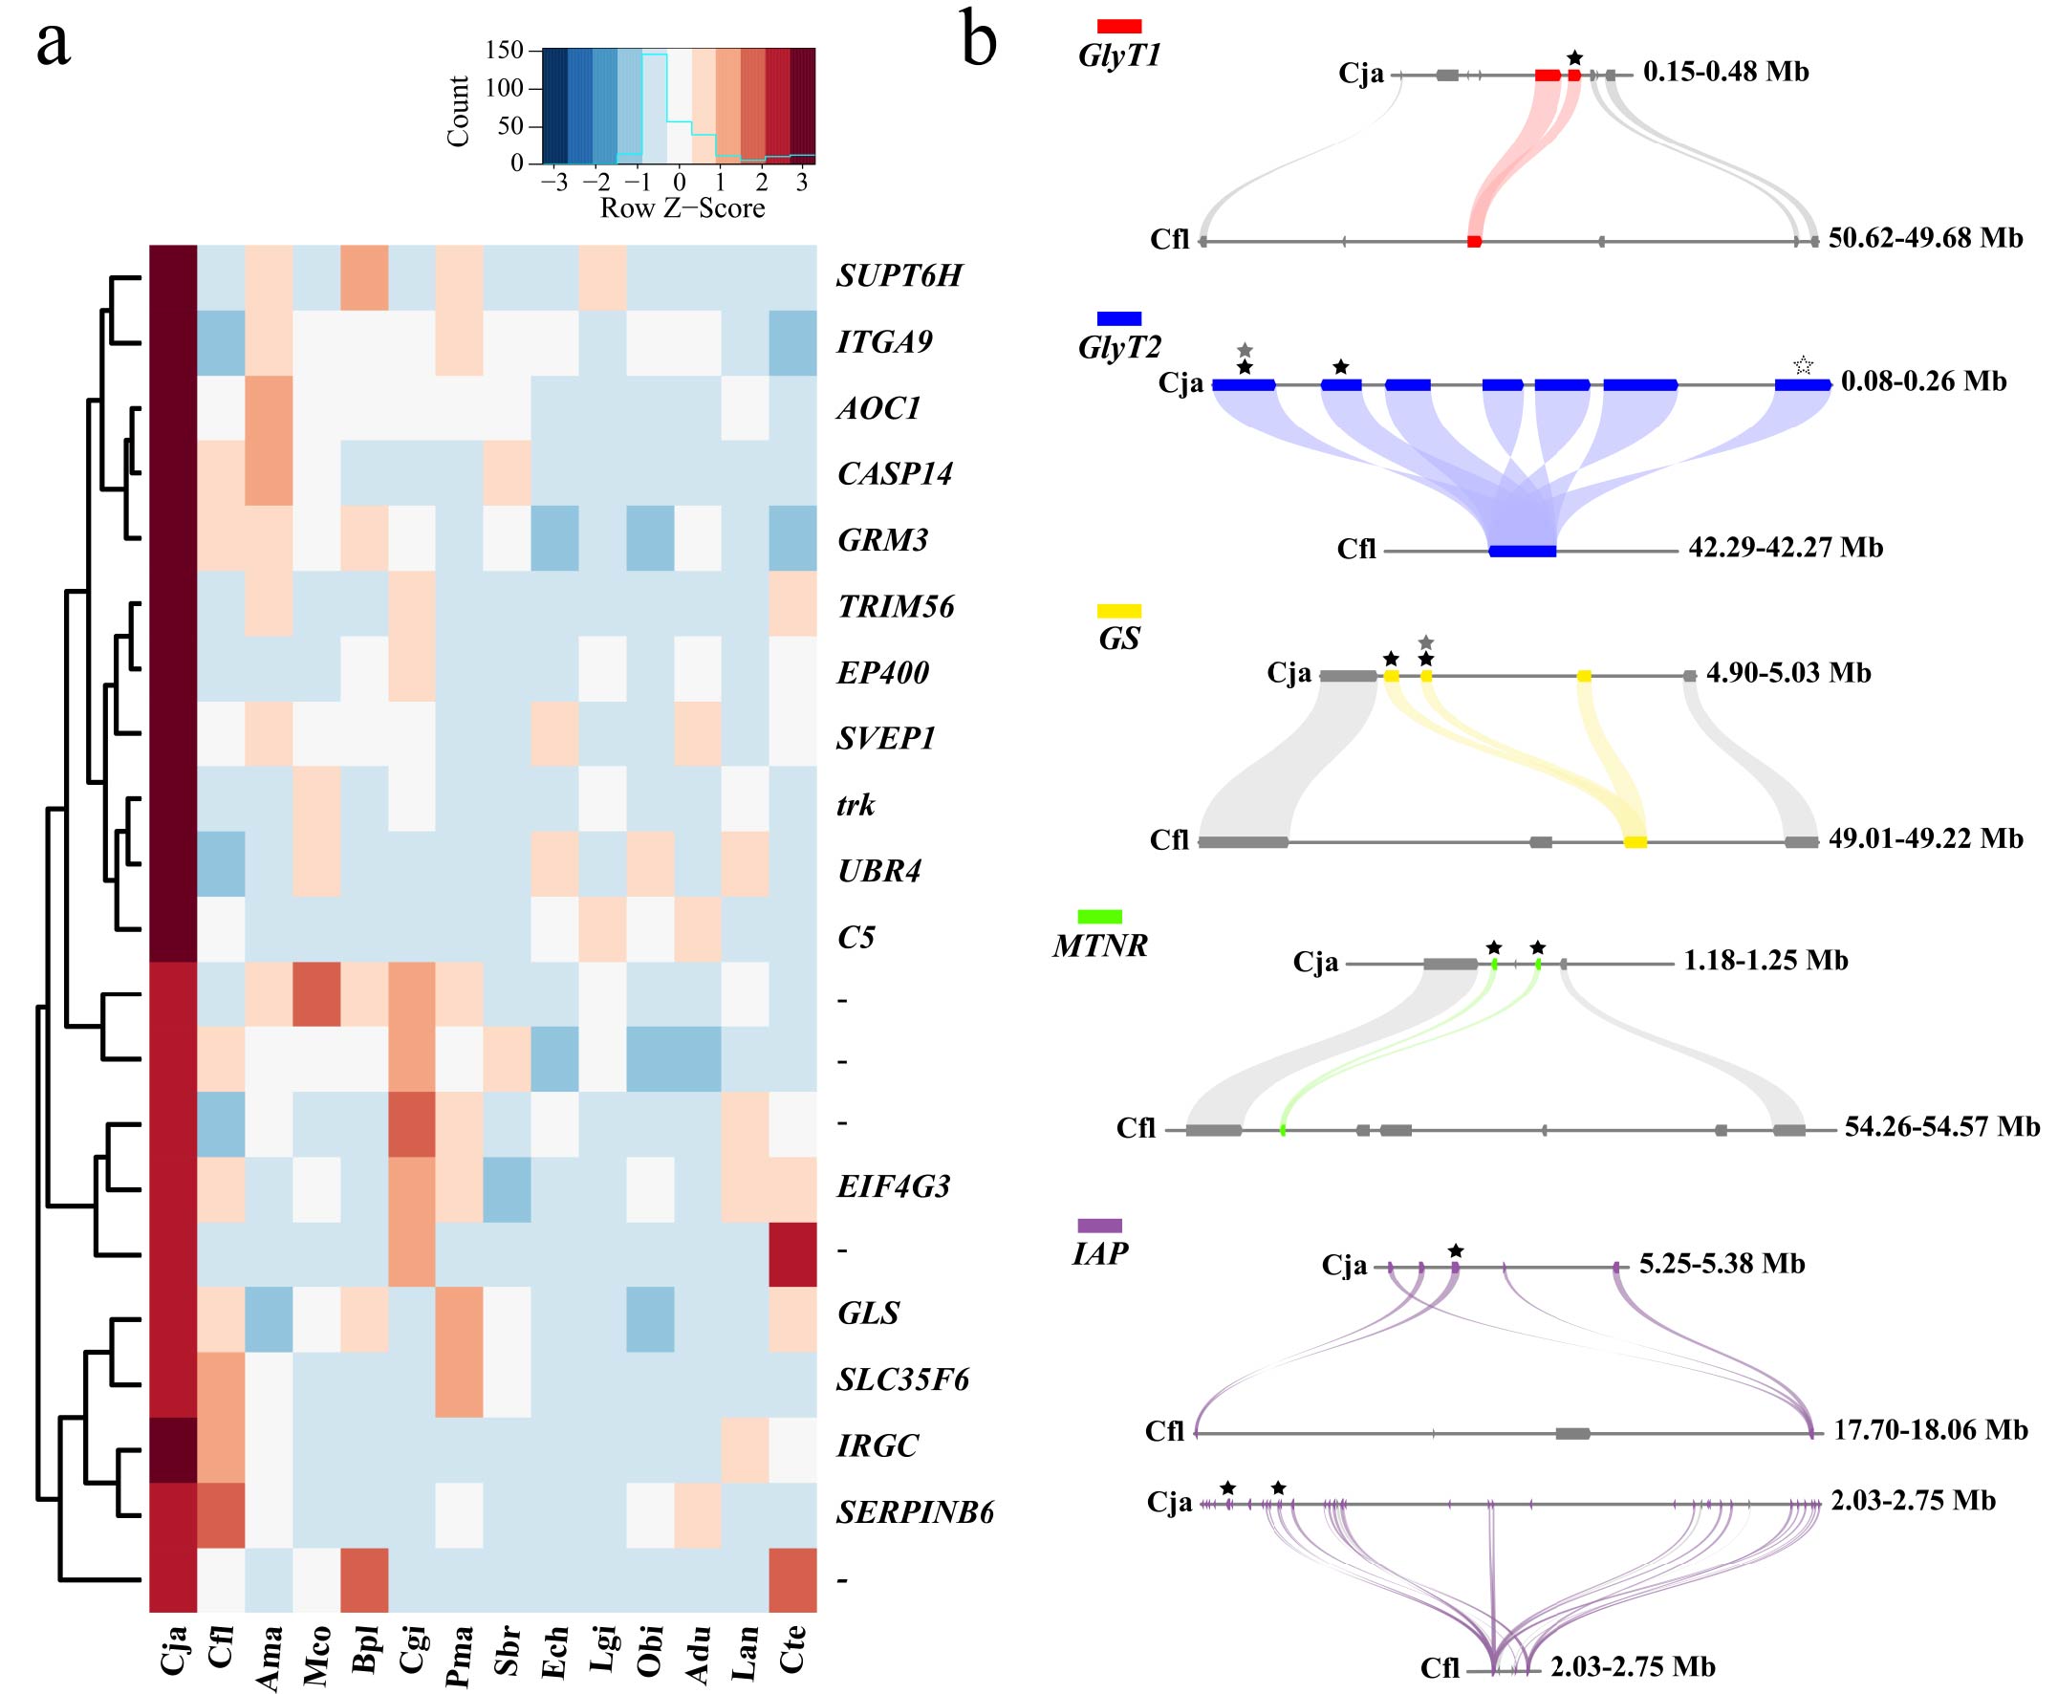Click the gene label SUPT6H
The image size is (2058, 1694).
pyautogui.click(x=899, y=276)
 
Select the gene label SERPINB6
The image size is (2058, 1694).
pyautogui.click(x=915, y=1511)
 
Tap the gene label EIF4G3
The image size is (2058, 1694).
pyautogui.click(x=893, y=1186)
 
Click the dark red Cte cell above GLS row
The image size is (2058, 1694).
pyautogui.click(x=792, y=1254)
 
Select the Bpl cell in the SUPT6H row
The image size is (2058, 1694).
pyautogui.click(x=364, y=277)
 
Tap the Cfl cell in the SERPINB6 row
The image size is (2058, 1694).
pyautogui.click(x=221, y=1514)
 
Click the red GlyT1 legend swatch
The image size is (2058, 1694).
pyautogui.click(x=1118, y=26)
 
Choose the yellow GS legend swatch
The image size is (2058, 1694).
pyautogui.click(x=1118, y=611)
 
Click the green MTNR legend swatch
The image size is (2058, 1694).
pyautogui.click(x=1100, y=916)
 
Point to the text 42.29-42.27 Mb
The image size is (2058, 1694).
pyautogui.click(x=1785, y=548)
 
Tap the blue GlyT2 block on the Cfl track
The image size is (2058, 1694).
pyautogui.click(x=1523, y=552)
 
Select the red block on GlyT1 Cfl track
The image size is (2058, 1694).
pyautogui.click(x=1474, y=241)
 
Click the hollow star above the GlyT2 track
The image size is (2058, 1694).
pyautogui.click(x=1803, y=366)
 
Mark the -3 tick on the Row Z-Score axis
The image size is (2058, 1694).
pyautogui.click(x=554, y=183)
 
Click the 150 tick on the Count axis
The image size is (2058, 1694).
pyautogui.click(x=505, y=50)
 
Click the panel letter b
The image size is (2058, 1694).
pyautogui.click(x=979, y=42)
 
